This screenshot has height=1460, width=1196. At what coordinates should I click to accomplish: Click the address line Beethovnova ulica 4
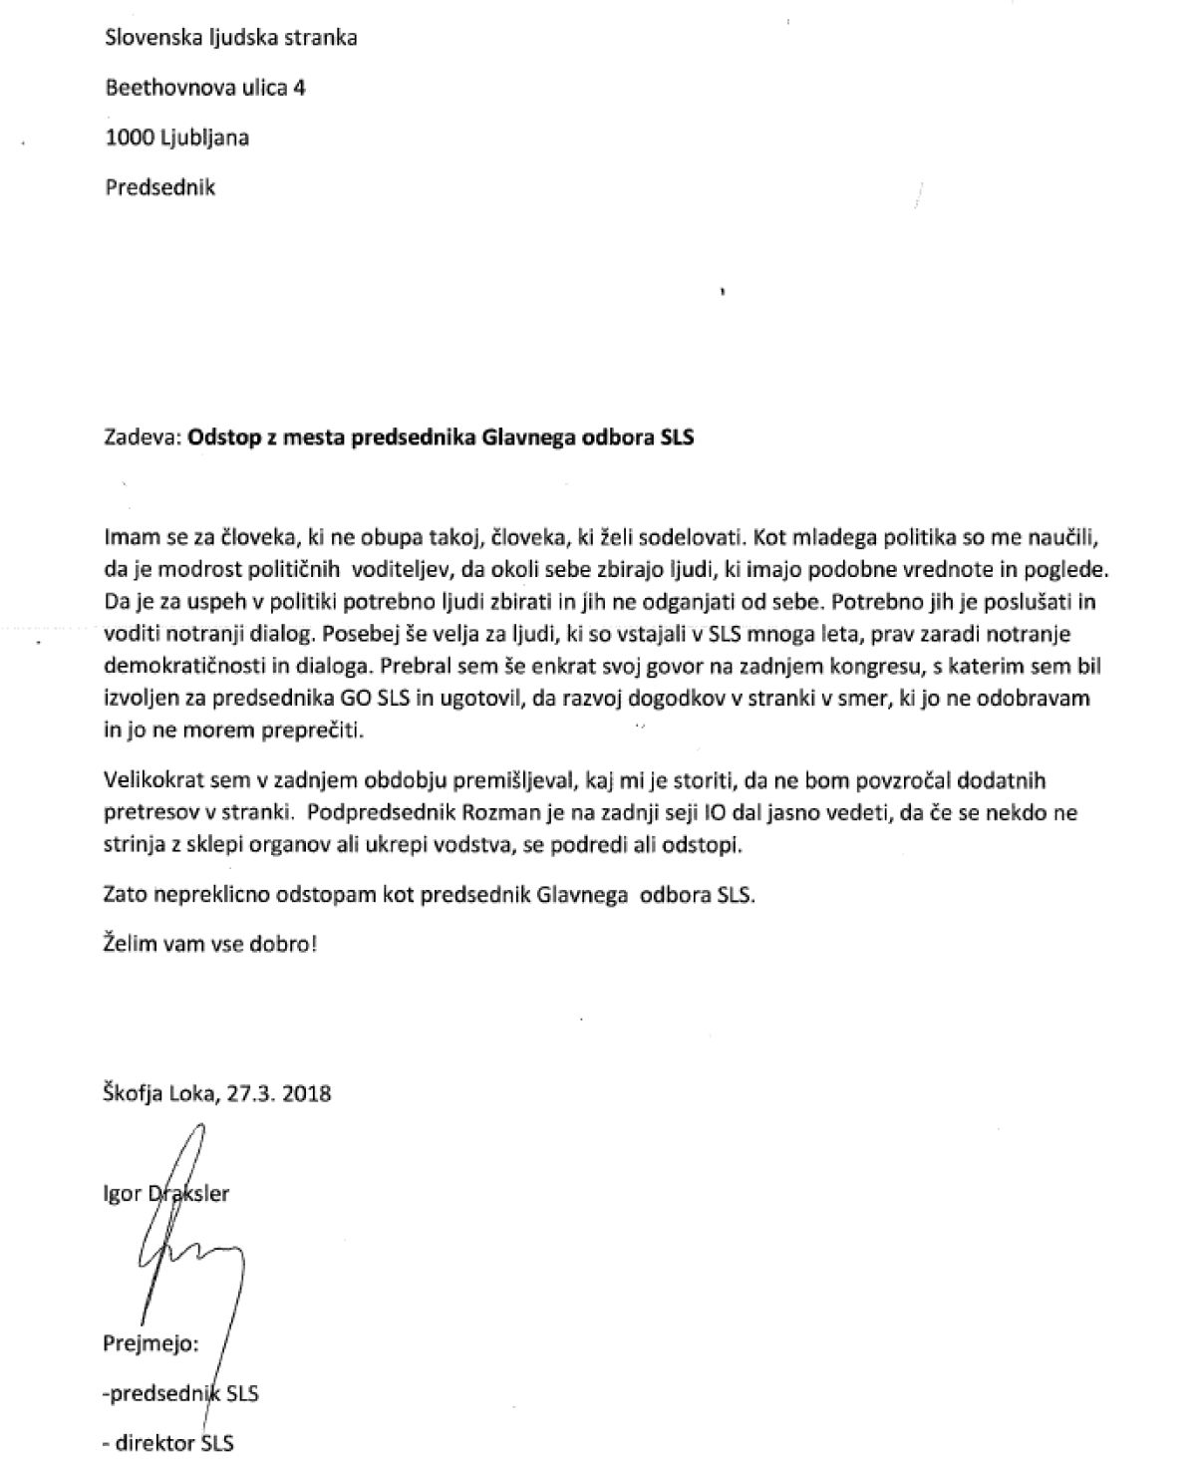pyautogui.click(x=205, y=88)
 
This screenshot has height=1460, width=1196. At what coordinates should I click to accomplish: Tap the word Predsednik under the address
pyautogui.click(x=159, y=186)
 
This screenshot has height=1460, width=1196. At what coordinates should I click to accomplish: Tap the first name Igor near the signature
pyautogui.click(x=123, y=1193)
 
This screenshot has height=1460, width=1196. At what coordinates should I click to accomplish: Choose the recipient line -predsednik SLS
pyautogui.click(x=180, y=1393)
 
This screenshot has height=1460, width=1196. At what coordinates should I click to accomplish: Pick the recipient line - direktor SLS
pyautogui.click(x=169, y=1442)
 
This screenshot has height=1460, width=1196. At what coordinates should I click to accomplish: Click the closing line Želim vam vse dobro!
pyautogui.click(x=210, y=942)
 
